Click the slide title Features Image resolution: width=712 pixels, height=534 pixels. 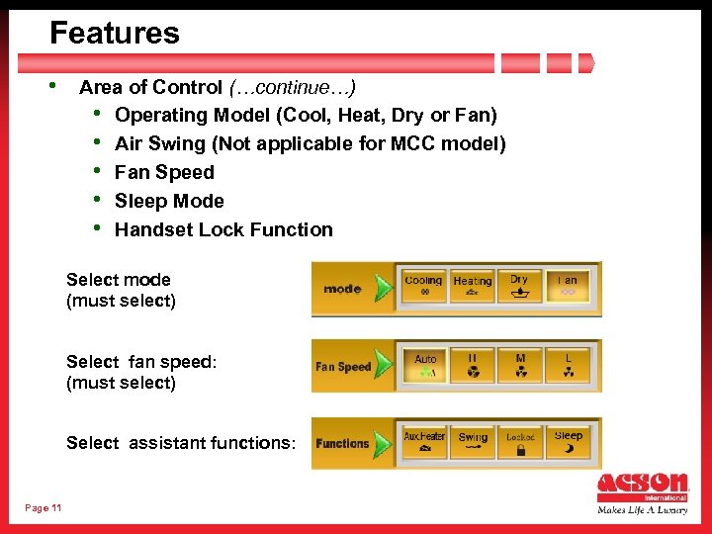115,34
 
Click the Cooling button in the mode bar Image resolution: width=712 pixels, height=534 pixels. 424,287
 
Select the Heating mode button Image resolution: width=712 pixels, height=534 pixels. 473,287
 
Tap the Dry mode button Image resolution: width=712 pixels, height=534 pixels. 520,287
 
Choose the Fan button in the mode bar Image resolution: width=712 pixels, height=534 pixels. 568,287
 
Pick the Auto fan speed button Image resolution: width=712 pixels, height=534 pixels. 425,366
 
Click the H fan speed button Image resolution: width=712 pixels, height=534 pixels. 473,366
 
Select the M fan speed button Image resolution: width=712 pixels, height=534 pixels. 520,366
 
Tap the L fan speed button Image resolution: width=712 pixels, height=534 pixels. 569,366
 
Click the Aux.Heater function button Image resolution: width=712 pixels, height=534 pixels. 424,443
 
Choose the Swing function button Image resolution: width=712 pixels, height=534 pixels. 473,443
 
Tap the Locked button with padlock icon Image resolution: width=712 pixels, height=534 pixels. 520,443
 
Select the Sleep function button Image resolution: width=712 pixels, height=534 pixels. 569,443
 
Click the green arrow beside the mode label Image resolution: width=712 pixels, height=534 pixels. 382,289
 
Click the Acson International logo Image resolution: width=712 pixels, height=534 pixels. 643,492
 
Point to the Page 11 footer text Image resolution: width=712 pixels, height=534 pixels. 43,508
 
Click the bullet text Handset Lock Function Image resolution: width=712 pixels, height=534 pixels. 223,230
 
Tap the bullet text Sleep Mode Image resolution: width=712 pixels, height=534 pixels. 169,202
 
